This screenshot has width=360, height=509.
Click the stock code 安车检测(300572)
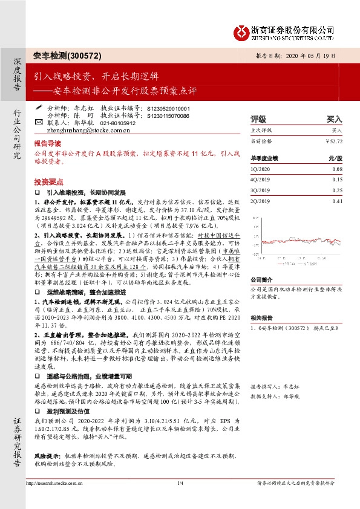(59, 55)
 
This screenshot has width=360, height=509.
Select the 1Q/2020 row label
(259, 170)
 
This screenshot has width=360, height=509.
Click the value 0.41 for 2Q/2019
(337, 201)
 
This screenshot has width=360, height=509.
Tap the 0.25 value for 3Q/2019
(337, 190)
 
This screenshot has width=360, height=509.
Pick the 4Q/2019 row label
(259, 180)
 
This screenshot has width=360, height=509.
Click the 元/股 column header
(335, 158)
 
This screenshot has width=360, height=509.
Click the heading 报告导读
(47, 144)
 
